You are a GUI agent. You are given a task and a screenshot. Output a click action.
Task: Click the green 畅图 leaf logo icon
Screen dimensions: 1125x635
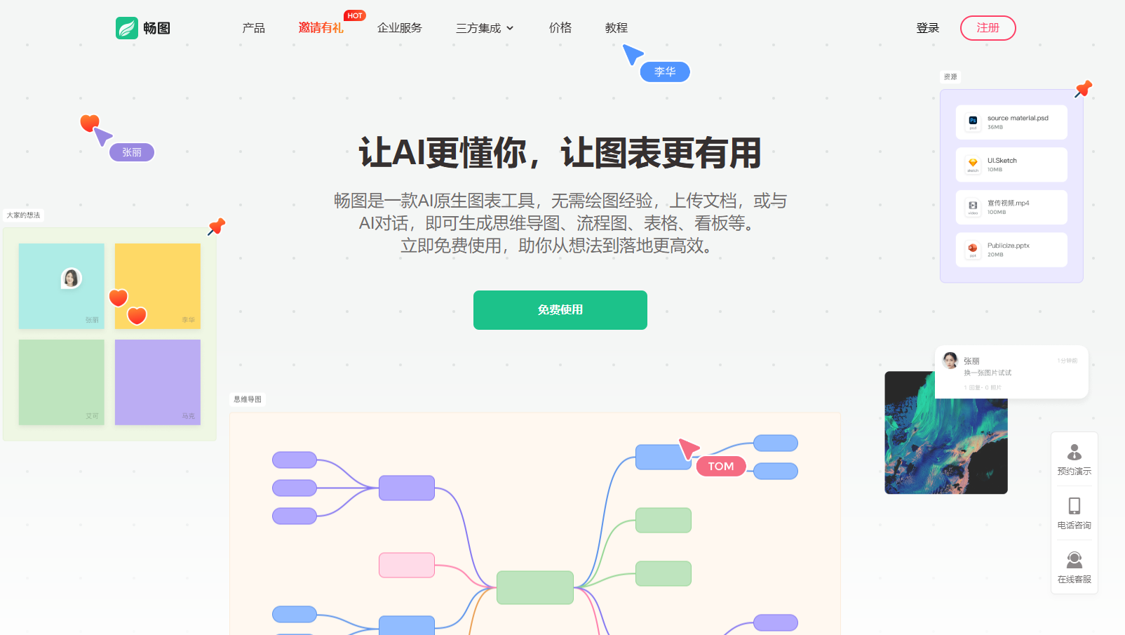(x=127, y=28)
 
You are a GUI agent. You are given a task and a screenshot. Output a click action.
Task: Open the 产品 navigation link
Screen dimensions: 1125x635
(x=253, y=28)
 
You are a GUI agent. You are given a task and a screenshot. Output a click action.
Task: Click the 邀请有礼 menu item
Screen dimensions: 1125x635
(x=321, y=28)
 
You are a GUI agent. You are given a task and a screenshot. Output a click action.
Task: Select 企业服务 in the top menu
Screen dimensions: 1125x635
(x=400, y=28)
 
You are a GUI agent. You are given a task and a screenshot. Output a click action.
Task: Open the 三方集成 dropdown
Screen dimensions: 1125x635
(x=485, y=28)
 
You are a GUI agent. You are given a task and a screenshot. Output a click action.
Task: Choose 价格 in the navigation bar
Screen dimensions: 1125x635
(x=560, y=28)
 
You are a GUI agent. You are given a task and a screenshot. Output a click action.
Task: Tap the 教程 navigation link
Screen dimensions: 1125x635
(x=617, y=28)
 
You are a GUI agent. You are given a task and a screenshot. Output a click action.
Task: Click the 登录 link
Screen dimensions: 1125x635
(x=927, y=28)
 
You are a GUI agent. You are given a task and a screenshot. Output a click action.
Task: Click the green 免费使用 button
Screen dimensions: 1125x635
(x=560, y=310)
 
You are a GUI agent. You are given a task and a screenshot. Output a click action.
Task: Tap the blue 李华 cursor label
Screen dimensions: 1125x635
(x=665, y=72)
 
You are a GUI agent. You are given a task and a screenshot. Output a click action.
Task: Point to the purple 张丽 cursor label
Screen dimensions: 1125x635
(x=132, y=152)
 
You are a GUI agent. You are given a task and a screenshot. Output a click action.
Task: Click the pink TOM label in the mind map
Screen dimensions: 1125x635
(x=721, y=467)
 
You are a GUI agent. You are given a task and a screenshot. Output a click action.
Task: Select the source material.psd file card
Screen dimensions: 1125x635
(x=1011, y=122)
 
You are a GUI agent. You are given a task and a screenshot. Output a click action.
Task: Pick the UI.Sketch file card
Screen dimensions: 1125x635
(x=1011, y=165)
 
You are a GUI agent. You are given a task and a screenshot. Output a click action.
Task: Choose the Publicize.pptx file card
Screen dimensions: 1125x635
(x=1011, y=250)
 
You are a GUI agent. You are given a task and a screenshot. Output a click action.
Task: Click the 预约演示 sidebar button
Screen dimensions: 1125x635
(x=1074, y=460)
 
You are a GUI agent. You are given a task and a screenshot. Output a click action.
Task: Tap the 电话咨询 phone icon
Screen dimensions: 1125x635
(x=1074, y=506)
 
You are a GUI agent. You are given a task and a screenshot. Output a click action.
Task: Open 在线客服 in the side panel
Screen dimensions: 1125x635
(x=1074, y=568)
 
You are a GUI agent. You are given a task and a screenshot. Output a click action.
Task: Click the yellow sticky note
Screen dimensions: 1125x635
(x=158, y=286)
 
